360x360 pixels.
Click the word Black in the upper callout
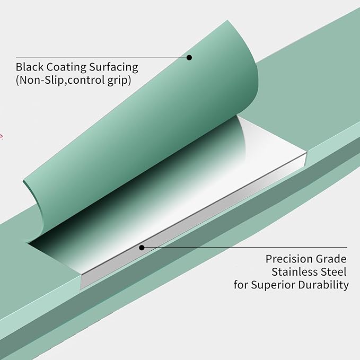(x=30, y=67)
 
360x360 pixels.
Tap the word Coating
(x=67, y=67)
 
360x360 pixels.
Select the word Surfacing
(x=113, y=67)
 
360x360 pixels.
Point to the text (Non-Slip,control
(x=60, y=80)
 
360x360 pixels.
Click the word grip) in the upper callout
(x=119, y=81)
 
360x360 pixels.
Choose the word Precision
(x=289, y=259)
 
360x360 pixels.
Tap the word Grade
(x=331, y=259)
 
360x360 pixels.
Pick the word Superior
(x=273, y=285)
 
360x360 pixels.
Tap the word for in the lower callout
(x=241, y=285)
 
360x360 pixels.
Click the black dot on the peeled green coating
(x=189, y=57)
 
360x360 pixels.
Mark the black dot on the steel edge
(x=142, y=248)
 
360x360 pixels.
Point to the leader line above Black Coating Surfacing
(x=102, y=57)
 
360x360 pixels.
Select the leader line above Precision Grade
(x=244, y=248)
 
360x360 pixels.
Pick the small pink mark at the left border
(x=1, y=136)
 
